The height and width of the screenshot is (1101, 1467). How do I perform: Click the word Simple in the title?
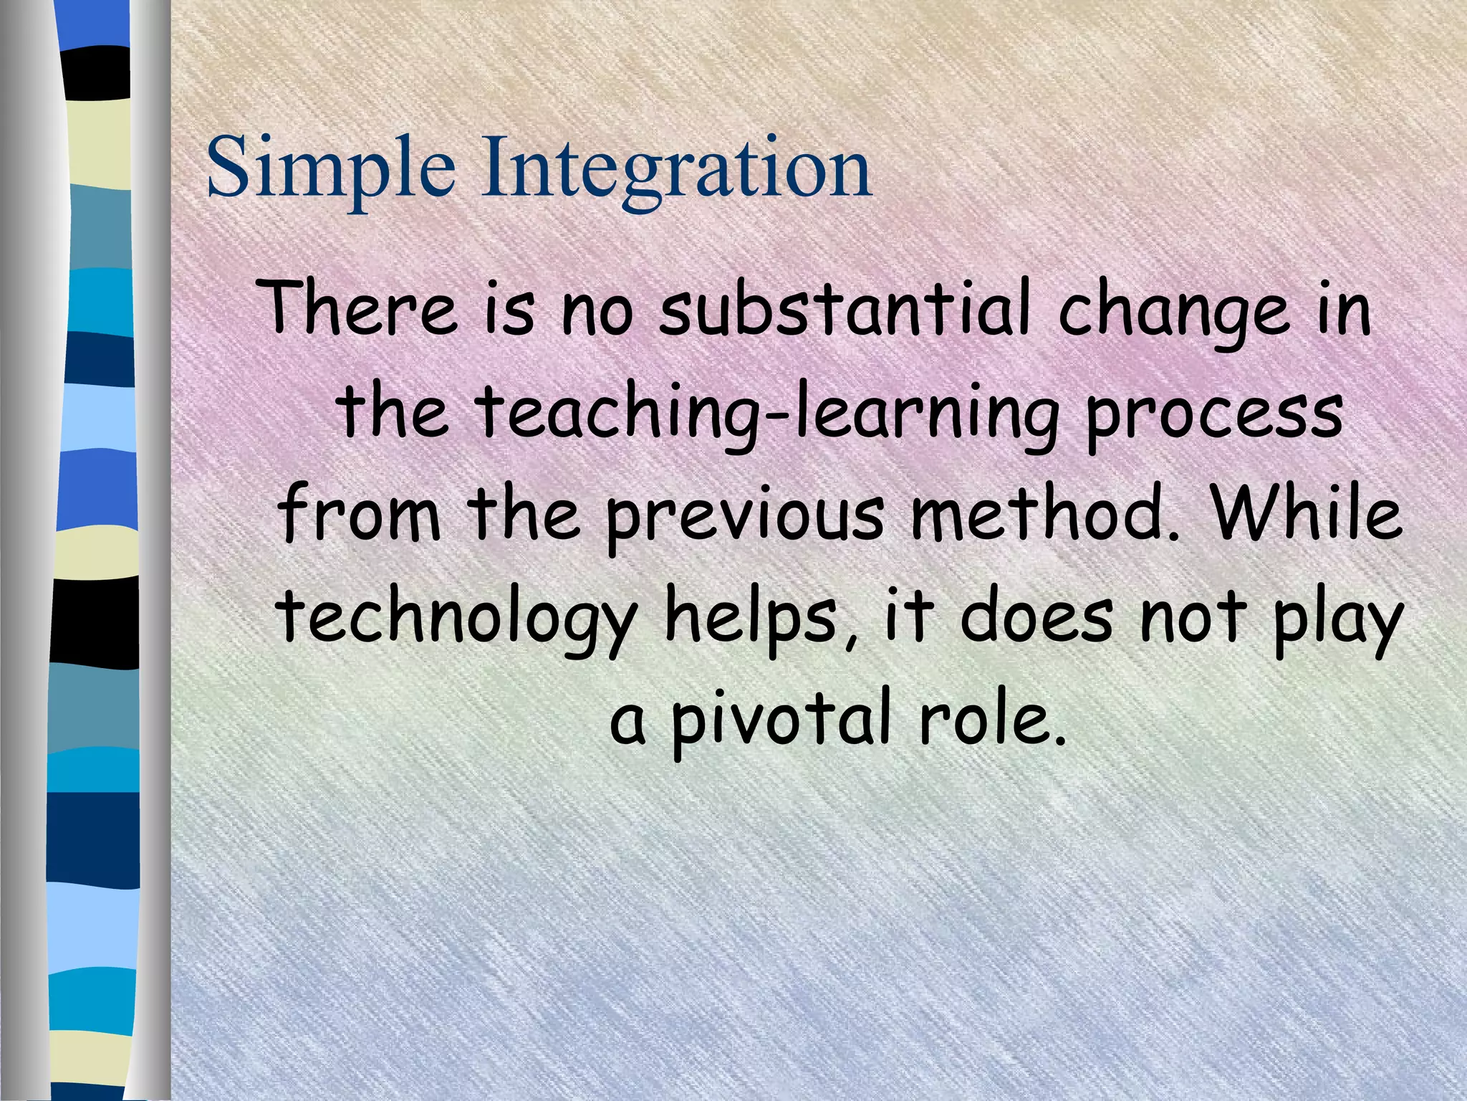(x=330, y=170)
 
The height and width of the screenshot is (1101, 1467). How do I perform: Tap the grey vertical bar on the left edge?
(x=21, y=550)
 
